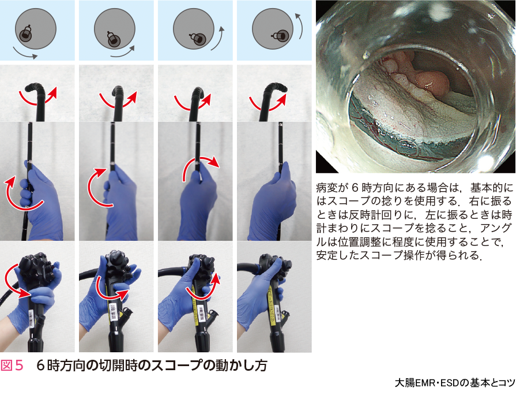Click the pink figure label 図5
pos(12,366)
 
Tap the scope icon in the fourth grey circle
pos(280,35)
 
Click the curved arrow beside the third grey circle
pos(218,38)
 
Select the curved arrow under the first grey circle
pos(24,54)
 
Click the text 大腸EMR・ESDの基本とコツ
pos(455,383)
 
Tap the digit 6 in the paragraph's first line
pos(355,188)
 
